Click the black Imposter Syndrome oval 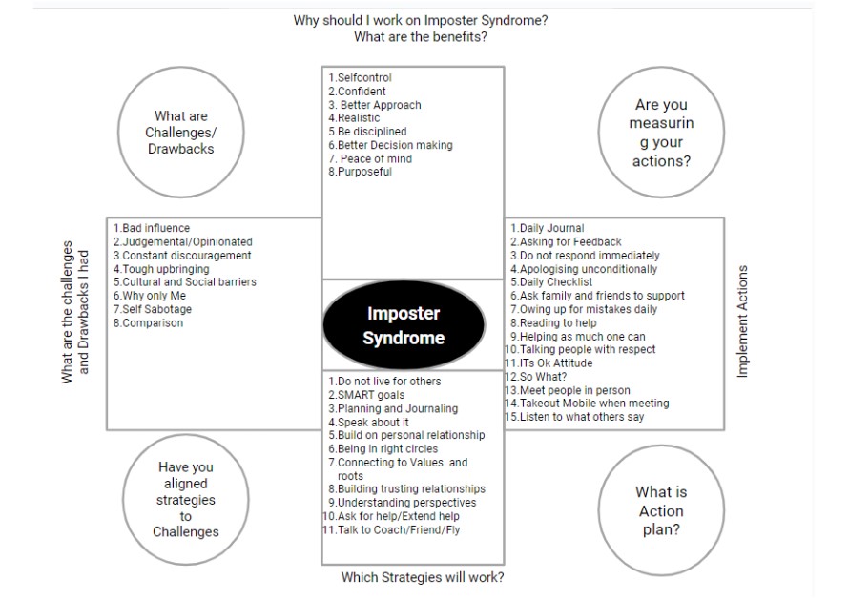point(404,325)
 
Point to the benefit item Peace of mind point(370,158)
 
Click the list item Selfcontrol point(360,77)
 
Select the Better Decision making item point(390,145)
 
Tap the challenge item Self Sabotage point(153,309)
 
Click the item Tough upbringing point(161,269)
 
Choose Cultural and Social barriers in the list point(185,282)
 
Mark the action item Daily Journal point(548,228)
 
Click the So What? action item point(536,376)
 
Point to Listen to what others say point(574,417)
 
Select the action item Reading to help point(553,322)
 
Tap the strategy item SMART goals point(366,395)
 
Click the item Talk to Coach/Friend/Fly point(391,529)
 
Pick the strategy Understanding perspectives point(403,503)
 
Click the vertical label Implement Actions point(742,321)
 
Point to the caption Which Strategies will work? point(423,577)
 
